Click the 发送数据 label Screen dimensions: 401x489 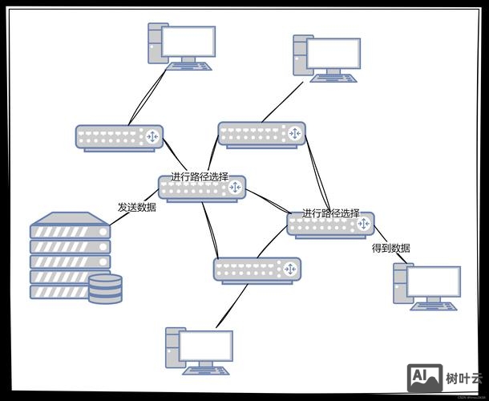136,207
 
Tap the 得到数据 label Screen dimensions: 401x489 391,249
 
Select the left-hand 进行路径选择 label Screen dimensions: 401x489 199,176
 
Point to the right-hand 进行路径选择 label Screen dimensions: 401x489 330,213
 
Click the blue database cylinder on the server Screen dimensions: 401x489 105,289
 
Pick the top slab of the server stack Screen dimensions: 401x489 70,218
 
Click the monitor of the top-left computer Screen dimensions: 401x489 190,42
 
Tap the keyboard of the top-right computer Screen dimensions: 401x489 336,77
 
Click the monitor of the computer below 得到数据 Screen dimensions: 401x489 434,282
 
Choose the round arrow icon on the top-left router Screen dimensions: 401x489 151,137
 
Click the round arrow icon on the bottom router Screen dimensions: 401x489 288,269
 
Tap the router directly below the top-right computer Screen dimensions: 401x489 261,134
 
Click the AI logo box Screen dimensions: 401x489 424,377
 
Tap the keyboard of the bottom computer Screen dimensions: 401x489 206,371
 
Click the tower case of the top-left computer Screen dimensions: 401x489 156,42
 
